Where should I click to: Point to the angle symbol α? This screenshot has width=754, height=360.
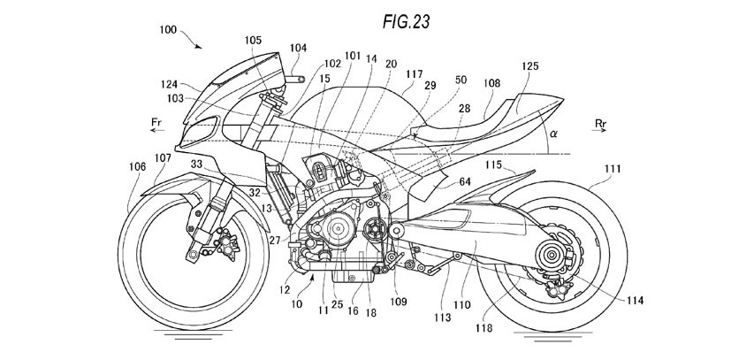[553, 134]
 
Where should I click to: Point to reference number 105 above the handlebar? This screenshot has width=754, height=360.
[253, 40]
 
